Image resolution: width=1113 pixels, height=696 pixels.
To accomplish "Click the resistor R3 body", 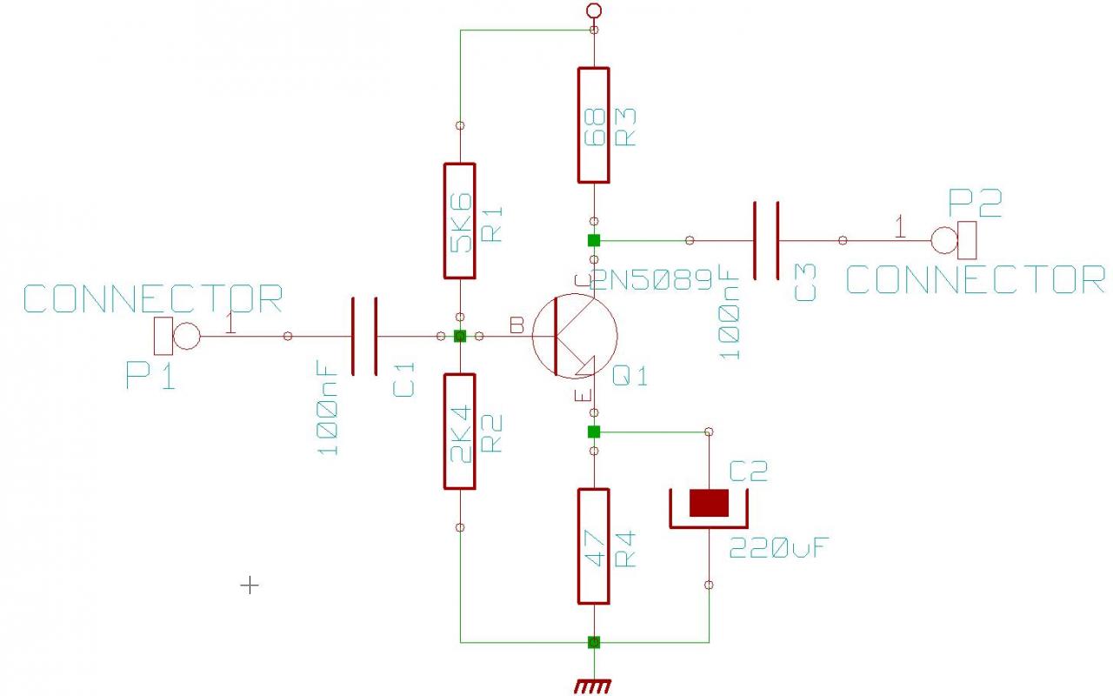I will (x=593, y=125).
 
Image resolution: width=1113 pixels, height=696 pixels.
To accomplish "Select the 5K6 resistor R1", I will (x=460, y=220).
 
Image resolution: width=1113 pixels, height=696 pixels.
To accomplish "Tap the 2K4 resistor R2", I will (x=460, y=432).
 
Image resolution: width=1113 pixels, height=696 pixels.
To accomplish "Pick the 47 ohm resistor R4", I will (x=593, y=546).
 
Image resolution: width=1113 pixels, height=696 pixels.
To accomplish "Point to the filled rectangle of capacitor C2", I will (x=709, y=503).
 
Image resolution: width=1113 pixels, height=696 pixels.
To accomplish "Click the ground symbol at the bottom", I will (x=593, y=686).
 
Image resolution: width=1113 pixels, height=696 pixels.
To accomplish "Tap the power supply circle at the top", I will (x=594, y=10).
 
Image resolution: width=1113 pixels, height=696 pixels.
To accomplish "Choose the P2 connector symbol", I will (x=956, y=239).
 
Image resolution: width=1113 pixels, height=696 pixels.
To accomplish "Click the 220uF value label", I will (x=778, y=549).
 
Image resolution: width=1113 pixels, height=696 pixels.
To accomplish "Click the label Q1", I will (x=630, y=377).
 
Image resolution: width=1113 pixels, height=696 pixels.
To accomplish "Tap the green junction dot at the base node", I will (x=460, y=336).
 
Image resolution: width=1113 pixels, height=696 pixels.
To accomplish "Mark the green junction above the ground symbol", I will (x=594, y=642).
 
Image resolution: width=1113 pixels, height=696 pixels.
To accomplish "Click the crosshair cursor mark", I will (x=250, y=586).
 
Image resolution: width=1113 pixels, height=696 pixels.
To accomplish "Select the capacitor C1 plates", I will (x=364, y=336).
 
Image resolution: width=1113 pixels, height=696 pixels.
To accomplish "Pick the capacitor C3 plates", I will (x=765, y=240).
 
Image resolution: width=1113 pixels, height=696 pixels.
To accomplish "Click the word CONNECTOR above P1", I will (x=153, y=299).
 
